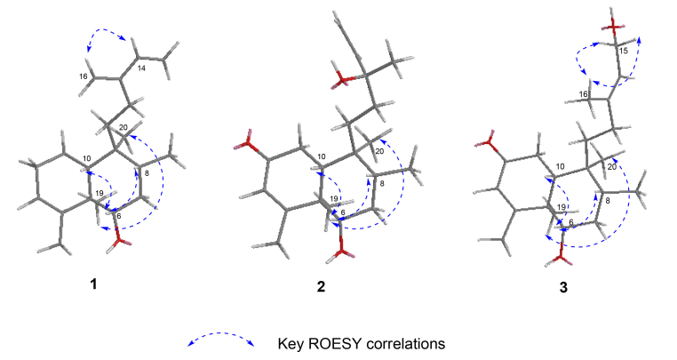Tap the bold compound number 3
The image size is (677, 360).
click(x=562, y=286)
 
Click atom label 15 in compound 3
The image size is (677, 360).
click(x=622, y=52)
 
